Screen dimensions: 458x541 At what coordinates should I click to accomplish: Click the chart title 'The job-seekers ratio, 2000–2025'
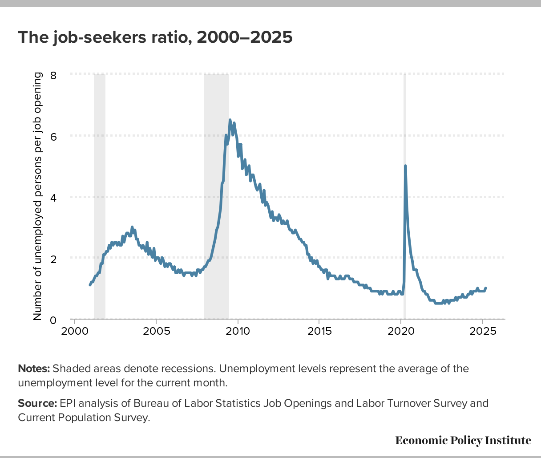tap(155, 37)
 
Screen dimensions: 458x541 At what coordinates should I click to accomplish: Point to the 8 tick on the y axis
tap(53, 75)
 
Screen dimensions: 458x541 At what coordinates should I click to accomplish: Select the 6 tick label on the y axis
tap(53, 136)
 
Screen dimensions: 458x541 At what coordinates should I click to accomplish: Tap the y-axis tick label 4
tap(53, 197)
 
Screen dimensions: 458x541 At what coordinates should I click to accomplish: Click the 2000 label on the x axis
tap(74, 332)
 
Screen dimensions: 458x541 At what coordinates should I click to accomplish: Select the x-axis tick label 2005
tap(156, 332)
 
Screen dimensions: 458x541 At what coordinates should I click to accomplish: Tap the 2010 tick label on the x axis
tap(238, 332)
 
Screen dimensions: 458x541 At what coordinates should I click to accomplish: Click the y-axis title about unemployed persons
tap(38, 196)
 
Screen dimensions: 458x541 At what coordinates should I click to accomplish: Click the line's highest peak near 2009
tap(230, 120)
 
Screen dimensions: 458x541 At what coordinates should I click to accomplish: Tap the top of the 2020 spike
tap(405, 166)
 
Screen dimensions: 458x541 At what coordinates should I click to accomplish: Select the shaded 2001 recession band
tap(100, 196)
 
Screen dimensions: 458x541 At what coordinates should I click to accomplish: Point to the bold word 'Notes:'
tap(34, 369)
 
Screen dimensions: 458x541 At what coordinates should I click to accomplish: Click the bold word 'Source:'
tap(37, 404)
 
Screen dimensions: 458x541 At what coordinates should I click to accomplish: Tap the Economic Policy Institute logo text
tap(463, 441)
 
